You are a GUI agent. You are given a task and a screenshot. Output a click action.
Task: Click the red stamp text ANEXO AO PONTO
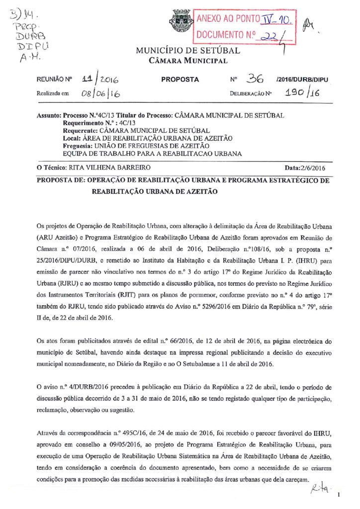pos(228,19)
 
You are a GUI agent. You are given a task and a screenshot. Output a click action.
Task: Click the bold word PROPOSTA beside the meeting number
pos(180,80)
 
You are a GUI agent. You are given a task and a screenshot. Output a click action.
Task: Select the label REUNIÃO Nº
pos(55,80)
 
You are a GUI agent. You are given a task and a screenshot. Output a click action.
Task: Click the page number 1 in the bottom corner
pos(338,495)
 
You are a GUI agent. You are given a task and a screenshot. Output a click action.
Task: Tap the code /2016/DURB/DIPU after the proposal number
pos(301,80)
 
